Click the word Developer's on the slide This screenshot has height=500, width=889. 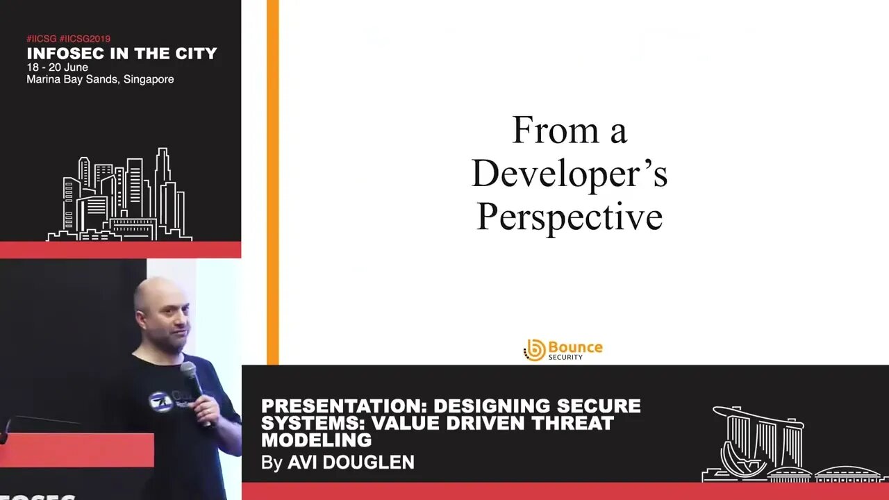569,174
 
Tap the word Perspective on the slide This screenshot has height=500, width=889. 569,217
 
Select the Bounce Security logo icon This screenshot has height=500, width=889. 534,350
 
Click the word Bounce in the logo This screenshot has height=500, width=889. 575,347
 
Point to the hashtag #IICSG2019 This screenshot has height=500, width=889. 85,39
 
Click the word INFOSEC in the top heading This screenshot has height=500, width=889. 63,53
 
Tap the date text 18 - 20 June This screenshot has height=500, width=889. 58,67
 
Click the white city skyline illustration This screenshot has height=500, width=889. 119,198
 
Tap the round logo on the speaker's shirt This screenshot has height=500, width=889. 160,401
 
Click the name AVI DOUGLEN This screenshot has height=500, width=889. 351,462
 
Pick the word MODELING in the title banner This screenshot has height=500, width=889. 316,440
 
